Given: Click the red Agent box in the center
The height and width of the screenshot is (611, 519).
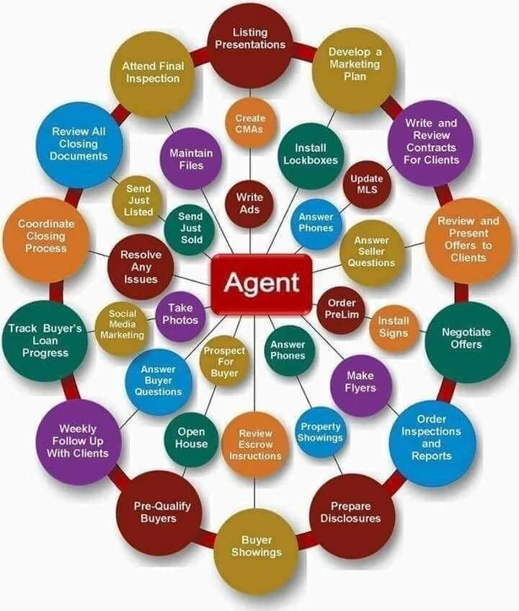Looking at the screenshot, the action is point(261,282).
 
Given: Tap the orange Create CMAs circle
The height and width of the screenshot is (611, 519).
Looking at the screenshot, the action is point(250,123).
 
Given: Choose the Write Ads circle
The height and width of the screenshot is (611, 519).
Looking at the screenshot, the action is point(249,203).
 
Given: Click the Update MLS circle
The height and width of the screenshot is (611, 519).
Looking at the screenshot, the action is point(365,185).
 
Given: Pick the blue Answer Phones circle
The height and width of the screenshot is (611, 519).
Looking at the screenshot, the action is point(316,222).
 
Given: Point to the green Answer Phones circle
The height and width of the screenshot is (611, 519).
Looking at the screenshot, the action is point(288,350).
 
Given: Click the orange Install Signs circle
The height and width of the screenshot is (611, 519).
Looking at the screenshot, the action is point(394,327).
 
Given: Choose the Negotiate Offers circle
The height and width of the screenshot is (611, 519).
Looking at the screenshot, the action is point(466,338).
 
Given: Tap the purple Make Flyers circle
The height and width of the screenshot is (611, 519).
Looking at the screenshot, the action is point(360,382).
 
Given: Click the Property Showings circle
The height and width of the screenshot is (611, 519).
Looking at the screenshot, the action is point(321,432).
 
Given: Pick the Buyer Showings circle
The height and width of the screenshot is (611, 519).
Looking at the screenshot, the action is point(257,546).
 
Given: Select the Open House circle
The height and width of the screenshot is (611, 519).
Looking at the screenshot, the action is point(191,438).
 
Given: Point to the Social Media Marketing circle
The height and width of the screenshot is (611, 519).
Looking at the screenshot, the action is point(122,325).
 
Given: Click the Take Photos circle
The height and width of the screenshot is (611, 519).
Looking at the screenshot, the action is point(180,314).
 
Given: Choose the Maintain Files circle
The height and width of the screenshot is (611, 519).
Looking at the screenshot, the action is point(191,159).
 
